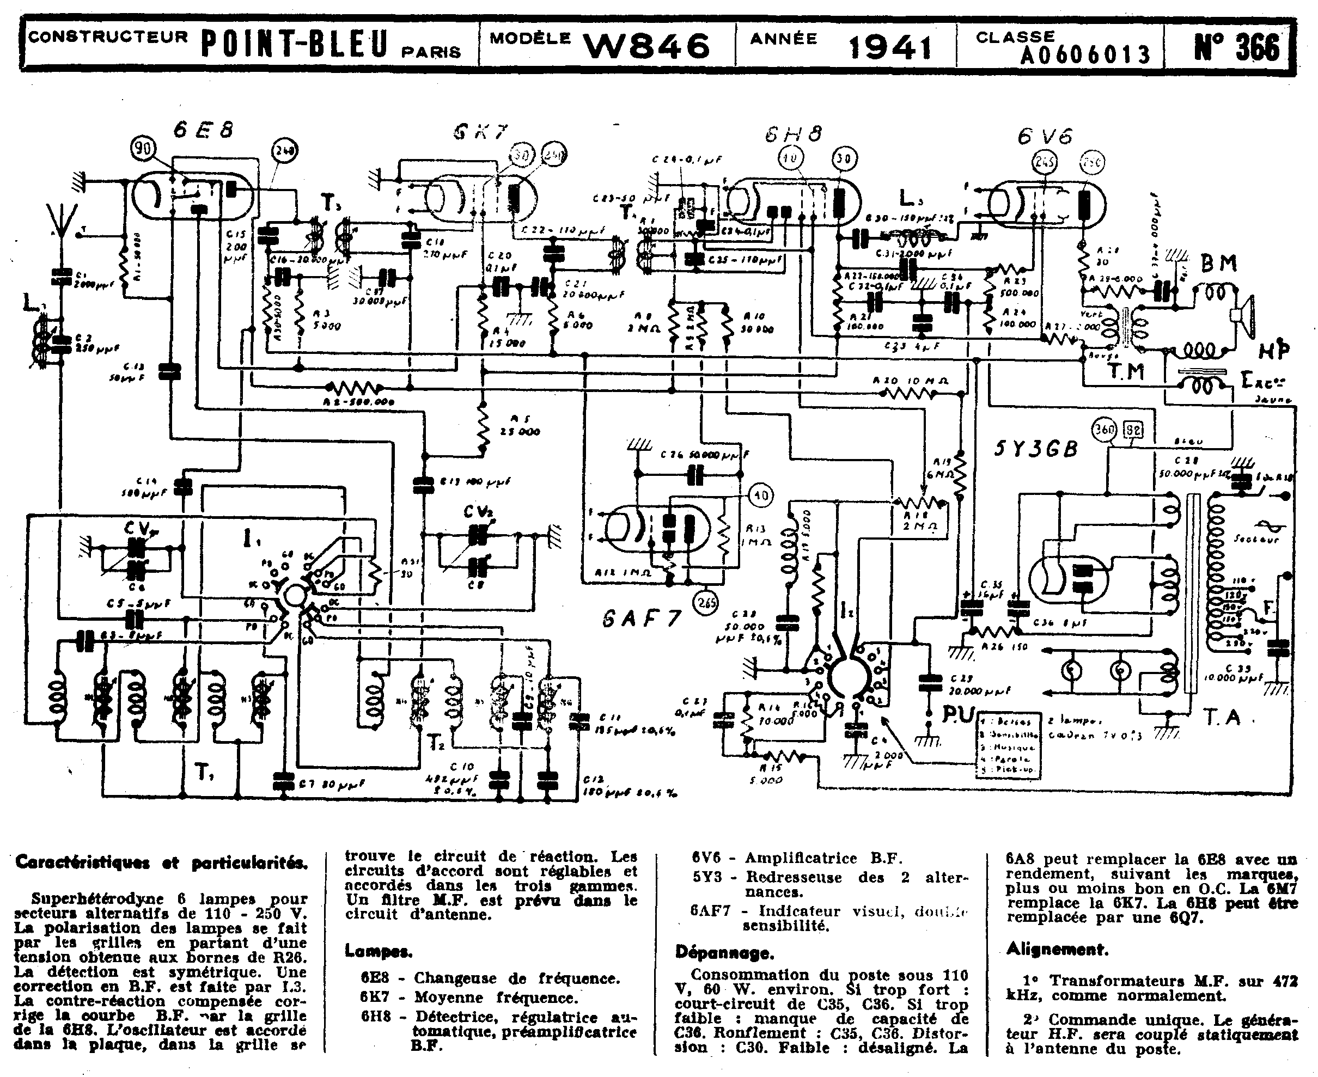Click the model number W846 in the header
click(646, 46)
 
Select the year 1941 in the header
click(889, 47)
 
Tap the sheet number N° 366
click(1237, 46)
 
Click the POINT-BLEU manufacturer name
click(295, 45)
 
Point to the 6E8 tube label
click(204, 130)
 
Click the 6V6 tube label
click(1046, 136)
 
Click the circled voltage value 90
click(143, 148)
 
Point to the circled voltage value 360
click(1105, 429)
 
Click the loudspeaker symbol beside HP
click(1243, 315)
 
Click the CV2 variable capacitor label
click(477, 512)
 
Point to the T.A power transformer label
click(1223, 717)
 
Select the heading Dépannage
click(724, 952)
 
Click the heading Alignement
click(1057, 949)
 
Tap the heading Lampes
click(378, 951)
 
